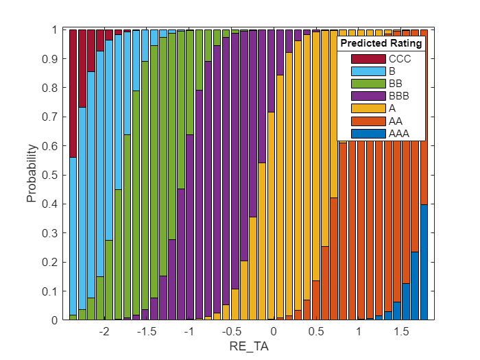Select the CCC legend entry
pos(398,58)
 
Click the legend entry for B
pos(392,71)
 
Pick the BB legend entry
pos(394,83)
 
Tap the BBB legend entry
pos(398,95)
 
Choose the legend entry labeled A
pos(392,108)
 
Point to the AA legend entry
pos(394,121)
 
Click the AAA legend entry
pos(398,133)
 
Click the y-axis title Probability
pos(32,175)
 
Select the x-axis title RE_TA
pos(249,347)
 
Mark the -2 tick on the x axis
pos(104,332)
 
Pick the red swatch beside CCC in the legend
pos(368,58)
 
